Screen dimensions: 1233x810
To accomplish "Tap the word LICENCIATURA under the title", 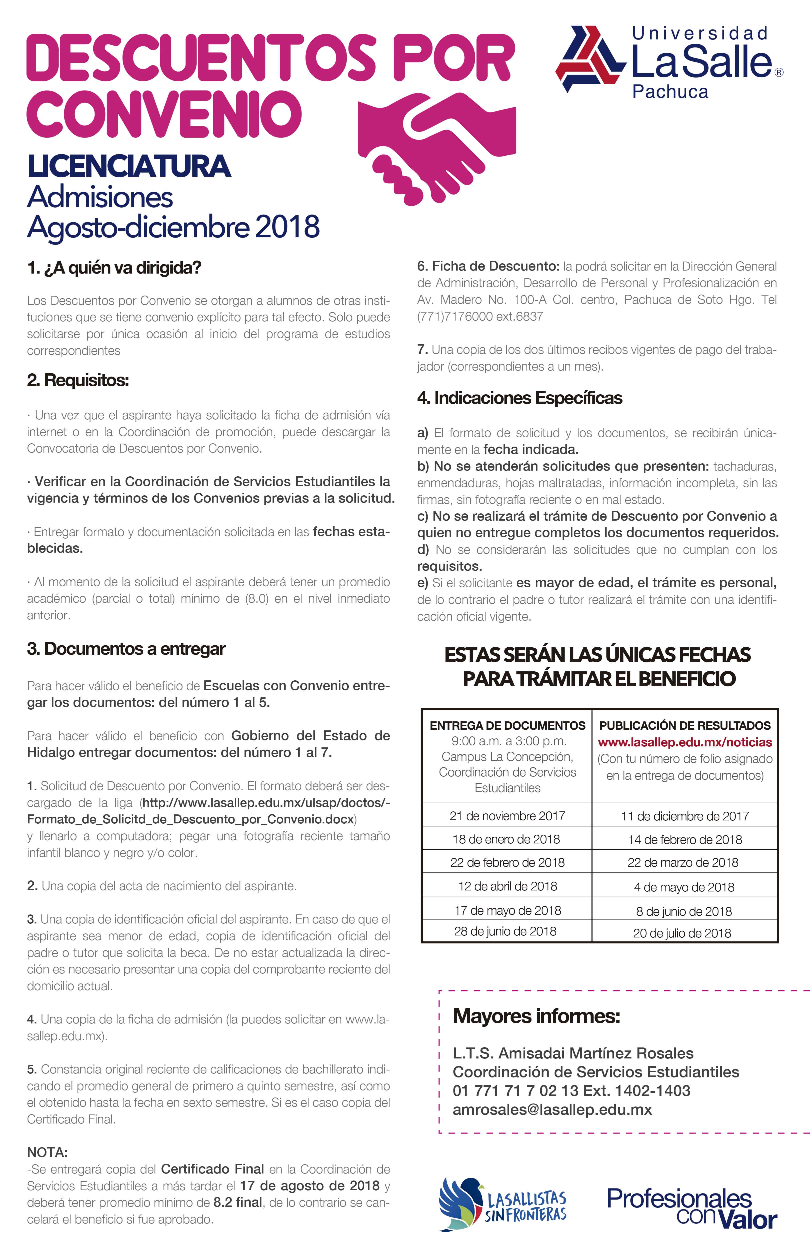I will [129, 166].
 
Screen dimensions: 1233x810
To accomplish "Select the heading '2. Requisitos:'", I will [78, 380].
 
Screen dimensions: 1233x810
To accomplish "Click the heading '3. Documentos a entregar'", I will [126, 649].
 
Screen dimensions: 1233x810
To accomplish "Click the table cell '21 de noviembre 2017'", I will [507, 816].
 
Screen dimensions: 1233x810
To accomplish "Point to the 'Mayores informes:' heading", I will [536, 1016].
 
